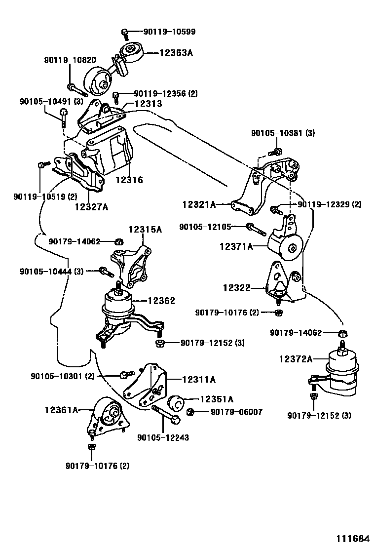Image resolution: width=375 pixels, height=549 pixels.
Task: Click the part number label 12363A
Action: coord(176,51)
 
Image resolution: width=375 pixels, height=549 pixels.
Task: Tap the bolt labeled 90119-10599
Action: coord(125,34)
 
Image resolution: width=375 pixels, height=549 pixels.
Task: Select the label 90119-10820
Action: coord(69,60)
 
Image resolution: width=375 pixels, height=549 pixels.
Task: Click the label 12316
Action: coord(129,180)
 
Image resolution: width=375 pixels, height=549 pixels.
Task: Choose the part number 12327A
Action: coord(91,207)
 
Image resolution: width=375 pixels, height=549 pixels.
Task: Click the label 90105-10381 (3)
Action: coord(283,133)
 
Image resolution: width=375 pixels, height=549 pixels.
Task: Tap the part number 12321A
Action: coord(199,204)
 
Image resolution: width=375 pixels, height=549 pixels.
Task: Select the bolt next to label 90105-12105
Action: coord(255,229)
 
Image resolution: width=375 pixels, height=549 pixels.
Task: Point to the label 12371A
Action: coord(236,246)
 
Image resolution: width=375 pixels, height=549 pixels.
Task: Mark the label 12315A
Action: coord(146,230)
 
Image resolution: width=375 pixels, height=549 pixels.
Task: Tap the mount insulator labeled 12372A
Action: coord(342,372)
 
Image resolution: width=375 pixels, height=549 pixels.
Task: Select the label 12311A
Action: coord(199,380)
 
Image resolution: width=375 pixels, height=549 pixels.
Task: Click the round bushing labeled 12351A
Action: coord(176,404)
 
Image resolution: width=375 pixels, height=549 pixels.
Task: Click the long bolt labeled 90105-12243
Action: coord(166,415)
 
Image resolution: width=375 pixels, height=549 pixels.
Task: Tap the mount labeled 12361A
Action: coord(108,414)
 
